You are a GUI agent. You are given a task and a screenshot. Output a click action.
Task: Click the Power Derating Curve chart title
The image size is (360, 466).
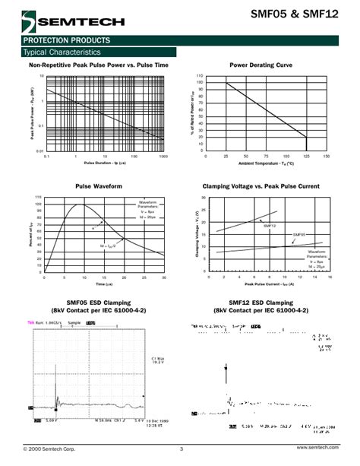[261, 65]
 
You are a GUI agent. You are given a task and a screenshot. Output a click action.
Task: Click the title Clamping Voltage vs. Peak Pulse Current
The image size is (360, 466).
[261, 185]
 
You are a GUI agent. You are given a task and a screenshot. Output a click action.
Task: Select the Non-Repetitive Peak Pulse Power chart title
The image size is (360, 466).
[99, 65]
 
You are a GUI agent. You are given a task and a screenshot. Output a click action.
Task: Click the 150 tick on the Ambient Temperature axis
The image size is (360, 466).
[326, 156]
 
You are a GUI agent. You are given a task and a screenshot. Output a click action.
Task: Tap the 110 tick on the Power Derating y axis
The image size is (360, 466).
[200, 76]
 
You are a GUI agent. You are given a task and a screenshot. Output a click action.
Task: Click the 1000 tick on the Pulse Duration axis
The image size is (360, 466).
[163, 156]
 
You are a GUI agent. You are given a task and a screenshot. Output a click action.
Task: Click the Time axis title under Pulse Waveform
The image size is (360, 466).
[99, 284]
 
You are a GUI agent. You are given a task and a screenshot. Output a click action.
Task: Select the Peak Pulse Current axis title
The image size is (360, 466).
[269, 284]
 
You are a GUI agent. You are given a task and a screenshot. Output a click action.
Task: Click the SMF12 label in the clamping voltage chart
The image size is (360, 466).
[270, 226]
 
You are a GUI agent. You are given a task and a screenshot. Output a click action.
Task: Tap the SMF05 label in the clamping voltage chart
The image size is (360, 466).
[298, 235]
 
